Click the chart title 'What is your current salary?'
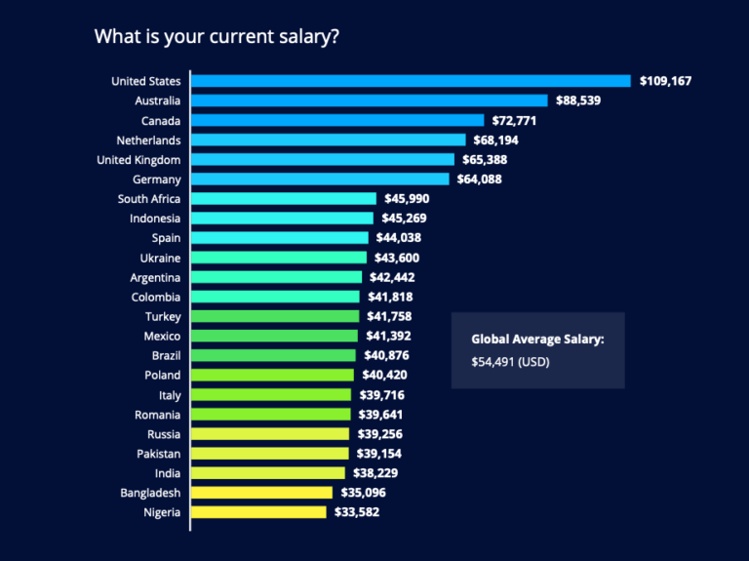point(217,37)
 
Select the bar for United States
point(411,81)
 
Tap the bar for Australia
point(370,100)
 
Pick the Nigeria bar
point(258,512)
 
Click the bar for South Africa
point(284,199)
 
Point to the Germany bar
point(320,180)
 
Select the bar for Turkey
point(275,316)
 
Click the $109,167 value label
point(665,81)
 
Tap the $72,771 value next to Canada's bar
point(514,121)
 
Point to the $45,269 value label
point(405,219)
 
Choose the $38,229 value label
point(374,473)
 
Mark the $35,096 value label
point(363,493)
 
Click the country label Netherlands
point(148,140)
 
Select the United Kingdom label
point(138,160)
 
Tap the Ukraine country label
point(160,258)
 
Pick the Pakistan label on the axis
point(158,454)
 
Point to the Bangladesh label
point(150,493)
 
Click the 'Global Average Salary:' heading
point(537,340)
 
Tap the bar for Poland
point(272,376)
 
